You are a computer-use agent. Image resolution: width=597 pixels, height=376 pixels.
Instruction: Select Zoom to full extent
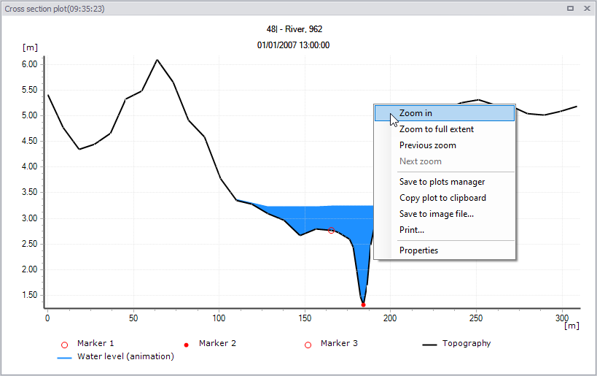click(x=437, y=129)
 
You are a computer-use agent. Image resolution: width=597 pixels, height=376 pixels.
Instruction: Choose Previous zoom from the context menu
click(x=428, y=145)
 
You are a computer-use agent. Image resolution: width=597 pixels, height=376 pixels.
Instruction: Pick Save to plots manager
click(x=442, y=182)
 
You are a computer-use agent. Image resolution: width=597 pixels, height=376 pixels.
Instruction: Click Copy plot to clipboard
click(x=442, y=198)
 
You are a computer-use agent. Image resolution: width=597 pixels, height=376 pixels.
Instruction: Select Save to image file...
click(x=437, y=214)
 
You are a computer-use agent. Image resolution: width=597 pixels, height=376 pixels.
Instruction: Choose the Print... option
click(x=412, y=230)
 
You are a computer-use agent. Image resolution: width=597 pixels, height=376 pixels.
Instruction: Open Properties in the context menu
click(x=418, y=250)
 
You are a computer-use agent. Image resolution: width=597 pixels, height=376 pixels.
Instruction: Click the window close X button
click(x=587, y=8)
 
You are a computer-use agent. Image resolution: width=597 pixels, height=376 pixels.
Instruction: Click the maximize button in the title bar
click(x=570, y=8)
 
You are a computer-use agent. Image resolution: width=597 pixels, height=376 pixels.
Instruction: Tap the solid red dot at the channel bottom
click(x=363, y=304)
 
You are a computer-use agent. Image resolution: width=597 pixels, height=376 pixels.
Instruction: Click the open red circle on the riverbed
click(x=331, y=230)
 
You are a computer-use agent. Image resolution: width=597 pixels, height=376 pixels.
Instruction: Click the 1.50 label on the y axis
click(x=29, y=295)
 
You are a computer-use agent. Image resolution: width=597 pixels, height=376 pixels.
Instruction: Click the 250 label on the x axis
click(x=476, y=318)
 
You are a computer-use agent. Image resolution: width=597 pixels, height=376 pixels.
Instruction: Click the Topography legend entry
click(x=456, y=344)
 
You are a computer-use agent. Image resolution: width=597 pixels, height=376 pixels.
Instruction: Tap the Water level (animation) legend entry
click(x=115, y=356)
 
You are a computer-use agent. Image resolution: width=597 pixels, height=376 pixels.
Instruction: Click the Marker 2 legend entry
click(x=210, y=344)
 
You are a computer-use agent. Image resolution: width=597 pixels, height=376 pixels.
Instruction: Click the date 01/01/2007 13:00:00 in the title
click(x=293, y=45)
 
